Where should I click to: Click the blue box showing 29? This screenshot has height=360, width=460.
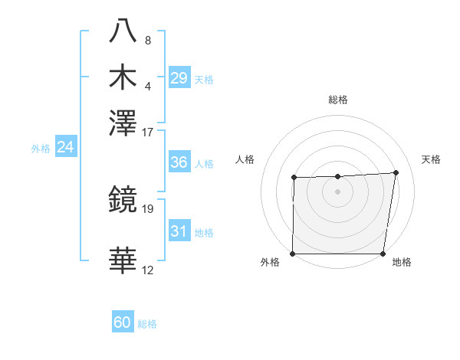pyautogui.click(x=179, y=77)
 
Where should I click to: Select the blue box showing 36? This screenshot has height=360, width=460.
pyautogui.click(x=179, y=162)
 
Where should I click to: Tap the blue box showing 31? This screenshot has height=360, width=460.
pyautogui.click(x=179, y=231)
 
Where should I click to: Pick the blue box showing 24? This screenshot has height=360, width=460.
pyautogui.click(x=65, y=147)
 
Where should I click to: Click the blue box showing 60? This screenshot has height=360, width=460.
pyautogui.click(x=123, y=322)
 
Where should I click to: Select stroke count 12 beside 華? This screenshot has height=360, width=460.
pyautogui.click(x=148, y=270)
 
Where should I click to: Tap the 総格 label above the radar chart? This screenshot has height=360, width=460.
pyautogui.click(x=338, y=100)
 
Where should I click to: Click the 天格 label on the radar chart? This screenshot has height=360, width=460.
pyautogui.click(x=431, y=159)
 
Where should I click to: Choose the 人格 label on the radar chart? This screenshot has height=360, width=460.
pyautogui.click(x=245, y=159)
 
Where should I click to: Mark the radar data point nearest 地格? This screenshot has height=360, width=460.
pyautogui.click(x=383, y=254)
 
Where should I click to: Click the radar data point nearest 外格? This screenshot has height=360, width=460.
pyautogui.click(x=293, y=254)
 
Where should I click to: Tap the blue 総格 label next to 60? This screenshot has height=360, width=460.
pyautogui.click(x=147, y=324)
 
